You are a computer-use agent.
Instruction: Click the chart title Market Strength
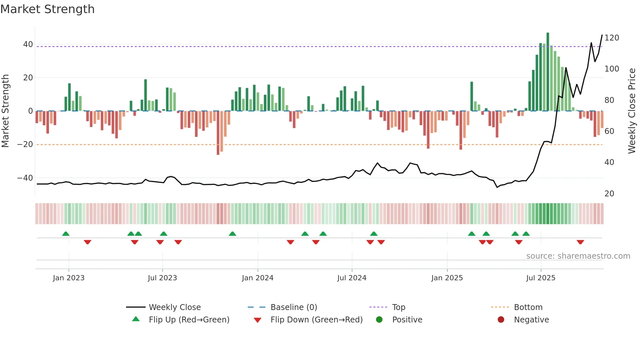(x=47, y=9)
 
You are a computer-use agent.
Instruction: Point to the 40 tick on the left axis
(x=28, y=44)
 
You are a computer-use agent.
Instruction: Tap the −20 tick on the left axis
(x=25, y=144)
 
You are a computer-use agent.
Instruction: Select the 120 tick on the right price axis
(x=612, y=38)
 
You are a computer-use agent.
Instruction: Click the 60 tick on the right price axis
(x=609, y=131)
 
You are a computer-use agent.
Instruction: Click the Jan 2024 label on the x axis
(x=258, y=278)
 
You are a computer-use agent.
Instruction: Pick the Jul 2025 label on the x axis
(x=541, y=278)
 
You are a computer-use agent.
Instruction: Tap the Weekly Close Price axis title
(x=632, y=111)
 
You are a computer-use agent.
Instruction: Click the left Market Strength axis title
(x=5, y=111)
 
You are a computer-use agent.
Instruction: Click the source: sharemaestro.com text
(x=578, y=256)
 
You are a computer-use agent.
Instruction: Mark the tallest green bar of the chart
(x=548, y=72)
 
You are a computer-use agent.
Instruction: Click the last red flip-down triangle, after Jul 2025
(x=580, y=242)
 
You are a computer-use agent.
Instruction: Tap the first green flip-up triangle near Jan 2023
(x=66, y=234)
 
